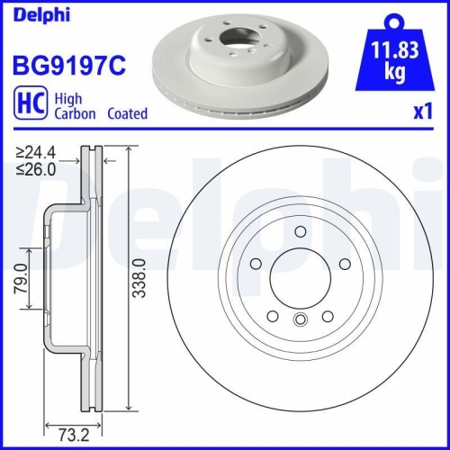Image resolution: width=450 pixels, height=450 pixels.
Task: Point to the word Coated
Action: (127, 114)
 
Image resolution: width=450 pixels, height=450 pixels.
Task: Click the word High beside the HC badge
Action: (68, 99)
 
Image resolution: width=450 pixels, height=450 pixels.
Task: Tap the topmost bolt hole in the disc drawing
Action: (298, 231)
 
